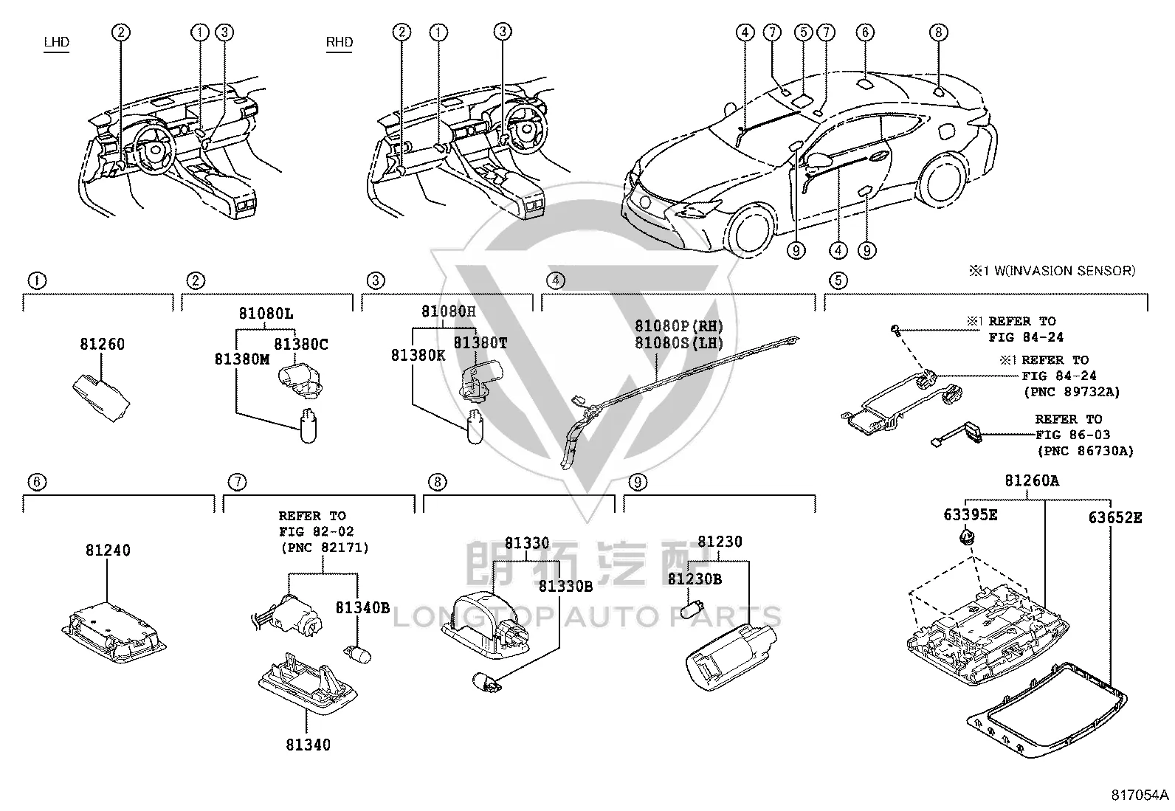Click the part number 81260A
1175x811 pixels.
pos(1032,480)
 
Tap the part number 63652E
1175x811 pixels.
pos(1115,518)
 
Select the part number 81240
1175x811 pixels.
pos(108,550)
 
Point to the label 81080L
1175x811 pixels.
pos(266,314)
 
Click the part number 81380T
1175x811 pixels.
pos(480,343)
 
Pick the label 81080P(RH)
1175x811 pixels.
pos(679,325)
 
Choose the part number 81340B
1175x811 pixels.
pos(362,607)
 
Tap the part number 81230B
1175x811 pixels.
pos(695,579)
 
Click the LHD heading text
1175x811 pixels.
pos(57,42)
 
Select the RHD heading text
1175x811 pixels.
pos(340,42)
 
